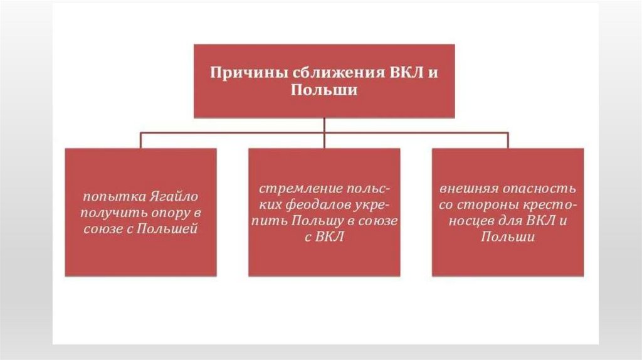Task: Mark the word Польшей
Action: pos(169,229)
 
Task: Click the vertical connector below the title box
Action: pos(324,125)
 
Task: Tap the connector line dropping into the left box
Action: pos(140,140)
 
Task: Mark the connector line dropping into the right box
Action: pos(508,140)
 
